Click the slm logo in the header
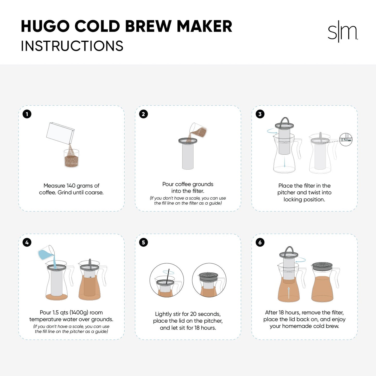click(342, 32)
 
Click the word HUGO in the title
click(45, 26)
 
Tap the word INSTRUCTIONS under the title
click(72, 46)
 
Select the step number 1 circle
click(27, 114)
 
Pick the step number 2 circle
click(143, 114)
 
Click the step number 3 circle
click(260, 114)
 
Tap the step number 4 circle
click(27, 243)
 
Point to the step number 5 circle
click(143, 243)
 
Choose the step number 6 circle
click(260, 243)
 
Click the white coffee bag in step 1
click(60, 133)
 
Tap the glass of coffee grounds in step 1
click(71, 159)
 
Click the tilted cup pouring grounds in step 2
click(198, 130)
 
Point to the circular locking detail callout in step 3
click(346, 139)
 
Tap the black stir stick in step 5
click(168, 277)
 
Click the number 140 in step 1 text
click(71, 186)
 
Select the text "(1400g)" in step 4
click(79, 313)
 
